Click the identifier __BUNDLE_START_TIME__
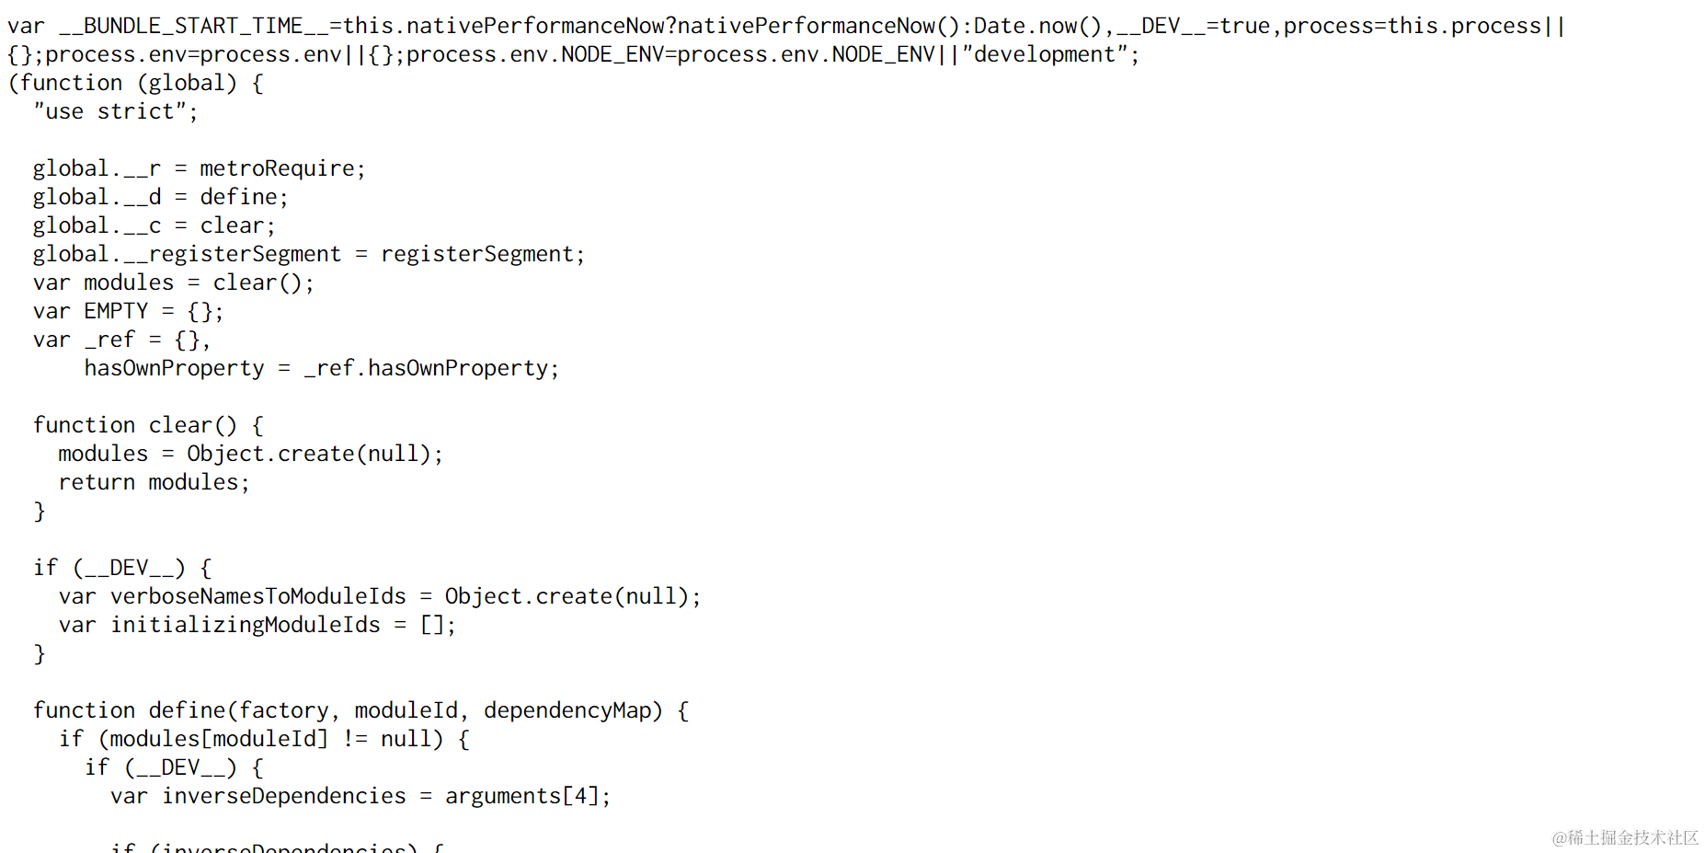click(193, 26)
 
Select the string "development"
click(1045, 54)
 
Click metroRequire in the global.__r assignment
click(278, 168)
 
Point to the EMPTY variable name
click(116, 311)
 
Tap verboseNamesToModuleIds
click(257, 596)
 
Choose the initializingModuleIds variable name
click(245, 625)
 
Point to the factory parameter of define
click(283, 710)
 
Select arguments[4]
click(522, 796)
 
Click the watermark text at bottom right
click(1624, 837)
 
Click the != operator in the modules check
click(355, 739)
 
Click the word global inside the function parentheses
click(187, 83)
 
